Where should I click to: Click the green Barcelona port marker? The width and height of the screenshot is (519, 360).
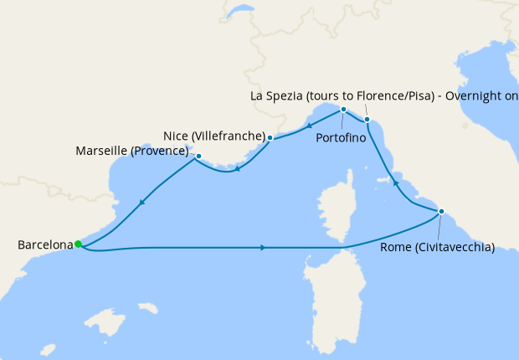tap(78, 244)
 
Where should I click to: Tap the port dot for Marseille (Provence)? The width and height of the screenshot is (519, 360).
tap(198, 156)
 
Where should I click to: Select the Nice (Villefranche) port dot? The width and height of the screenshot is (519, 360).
tap(270, 137)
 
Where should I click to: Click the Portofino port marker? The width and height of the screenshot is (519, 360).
tap(343, 110)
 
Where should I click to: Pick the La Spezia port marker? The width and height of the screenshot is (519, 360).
tap(367, 120)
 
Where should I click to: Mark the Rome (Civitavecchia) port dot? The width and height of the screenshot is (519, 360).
tap(441, 211)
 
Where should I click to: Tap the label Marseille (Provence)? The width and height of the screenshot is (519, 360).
tap(132, 152)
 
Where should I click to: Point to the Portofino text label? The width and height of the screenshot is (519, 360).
tap(341, 138)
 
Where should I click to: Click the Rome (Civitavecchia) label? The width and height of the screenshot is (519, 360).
tap(437, 247)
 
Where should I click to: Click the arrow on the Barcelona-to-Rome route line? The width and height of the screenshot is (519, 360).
tap(264, 248)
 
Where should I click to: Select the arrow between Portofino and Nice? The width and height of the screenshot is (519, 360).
tap(311, 126)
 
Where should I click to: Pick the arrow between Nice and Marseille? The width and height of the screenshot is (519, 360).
tap(238, 170)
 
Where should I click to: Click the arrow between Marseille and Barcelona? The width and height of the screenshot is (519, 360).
tap(142, 202)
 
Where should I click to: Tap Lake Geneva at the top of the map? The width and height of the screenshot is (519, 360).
tap(239, 13)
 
